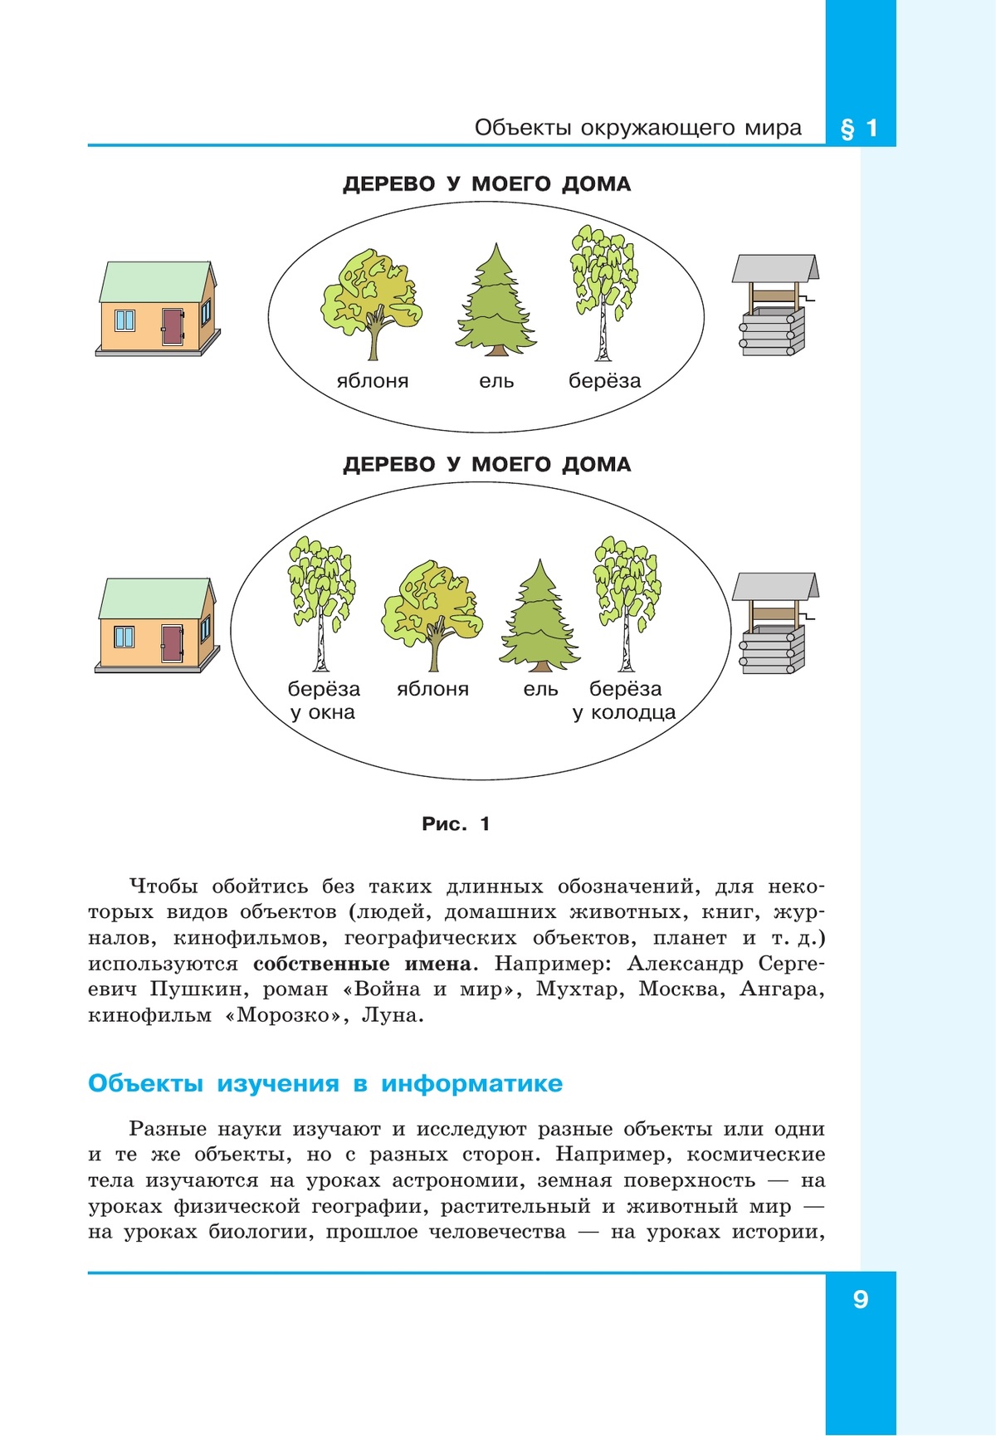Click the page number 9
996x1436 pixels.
pyautogui.click(x=861, y=1299)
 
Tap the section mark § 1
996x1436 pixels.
pyautogui.click(x=860, y=129)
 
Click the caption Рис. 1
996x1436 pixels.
pyautogui.click(x=456, y=824)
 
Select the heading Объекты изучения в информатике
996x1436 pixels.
pyautogui.click(x=325, y=1083)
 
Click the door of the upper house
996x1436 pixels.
pyautogui.click(x=173, y=326)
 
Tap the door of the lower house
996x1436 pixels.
pyautogui.click(x=172, y=643)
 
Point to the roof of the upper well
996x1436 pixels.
pyautogui.click(x=775, y=268)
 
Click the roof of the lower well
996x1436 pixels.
pyautogui.click(x=774, y=586)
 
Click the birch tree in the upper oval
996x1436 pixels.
pyautogui.click(x=603, y=291)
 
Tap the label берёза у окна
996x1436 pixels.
pyautogui.click(x=324, y=701)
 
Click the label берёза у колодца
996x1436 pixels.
pyautogui.click(x=625, y=701)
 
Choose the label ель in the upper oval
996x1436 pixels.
pyautogui.click(x=496, y=381)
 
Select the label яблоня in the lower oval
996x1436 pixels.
pyautogui.click(x=432, y=689)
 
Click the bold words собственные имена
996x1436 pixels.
pyautogui.click(x=362, y=964)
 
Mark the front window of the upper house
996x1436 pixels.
pyautogui.click(x=124, y=320)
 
